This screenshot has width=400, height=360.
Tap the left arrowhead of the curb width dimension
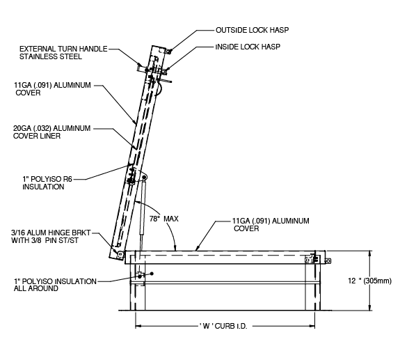click(138, 324)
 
